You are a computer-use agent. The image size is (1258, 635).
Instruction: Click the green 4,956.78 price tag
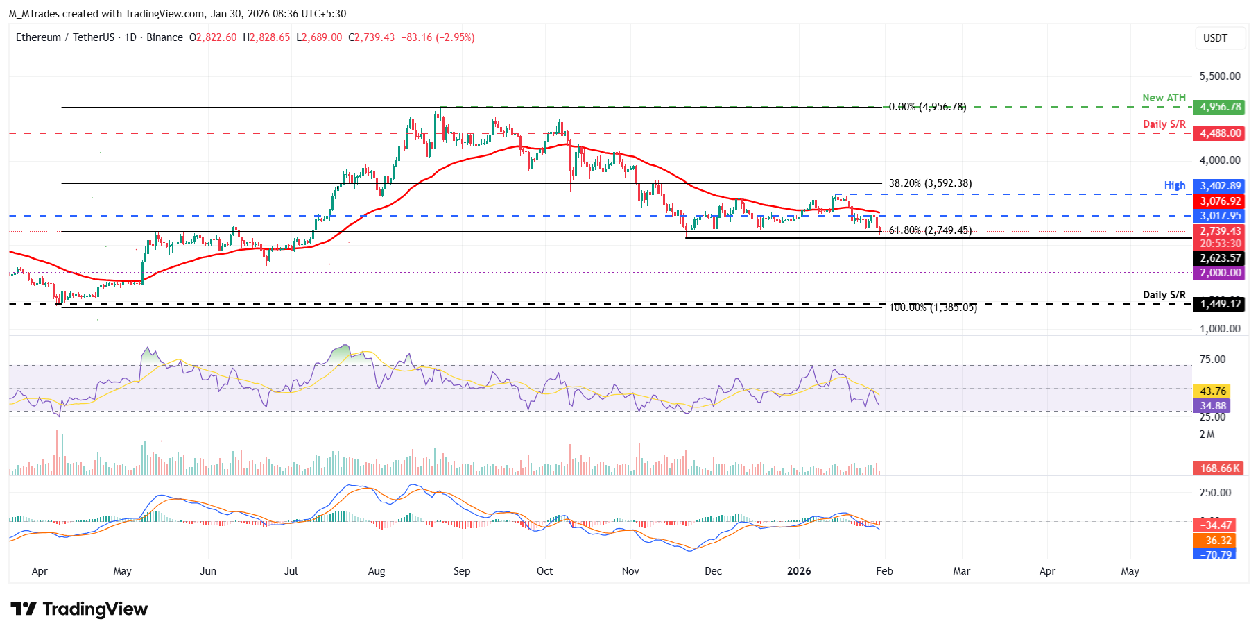(1218, 107)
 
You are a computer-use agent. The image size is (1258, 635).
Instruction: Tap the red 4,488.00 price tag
(1218, 133)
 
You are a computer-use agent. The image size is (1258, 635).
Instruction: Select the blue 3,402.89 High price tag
(1218, 186)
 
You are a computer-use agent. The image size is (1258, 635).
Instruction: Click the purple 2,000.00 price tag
(1218, 273)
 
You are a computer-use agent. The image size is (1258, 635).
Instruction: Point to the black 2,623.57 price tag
(1218, 258)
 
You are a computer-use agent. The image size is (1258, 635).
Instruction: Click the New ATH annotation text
(1164, 98)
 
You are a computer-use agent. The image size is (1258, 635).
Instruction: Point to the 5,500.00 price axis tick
(1220, 76)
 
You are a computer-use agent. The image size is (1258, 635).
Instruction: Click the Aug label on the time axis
(377, 571)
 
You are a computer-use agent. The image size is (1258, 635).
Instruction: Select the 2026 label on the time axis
(799, 571)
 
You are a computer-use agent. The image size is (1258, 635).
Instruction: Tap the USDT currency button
(1215, 38)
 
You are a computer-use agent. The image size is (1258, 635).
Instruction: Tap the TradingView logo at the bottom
(79, 609)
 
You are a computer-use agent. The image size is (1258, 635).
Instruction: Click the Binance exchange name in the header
(165, 37)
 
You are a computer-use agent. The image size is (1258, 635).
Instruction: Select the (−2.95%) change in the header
(455, 37)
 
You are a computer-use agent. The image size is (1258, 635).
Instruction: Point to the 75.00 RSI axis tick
(1213, 359)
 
